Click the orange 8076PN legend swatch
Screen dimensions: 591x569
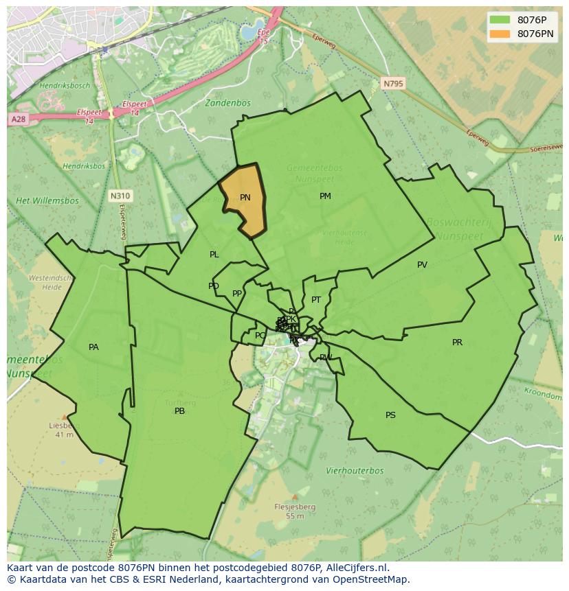coord(500,34)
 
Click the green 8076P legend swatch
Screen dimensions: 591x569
coord(500,20)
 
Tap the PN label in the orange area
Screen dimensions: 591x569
coord(245,198)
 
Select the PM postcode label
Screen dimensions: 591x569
coord(325,196)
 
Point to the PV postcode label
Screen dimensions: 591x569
coord(422,265)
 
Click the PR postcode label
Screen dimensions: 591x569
coord(457,343)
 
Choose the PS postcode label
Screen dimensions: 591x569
coord(390,415)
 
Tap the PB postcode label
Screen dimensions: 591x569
coord(179,411)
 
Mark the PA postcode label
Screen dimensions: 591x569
coord(93,347)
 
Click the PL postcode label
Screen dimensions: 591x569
coord(214,255)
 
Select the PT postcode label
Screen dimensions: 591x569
coord(316,300)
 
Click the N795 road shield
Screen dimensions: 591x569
coord(394,83)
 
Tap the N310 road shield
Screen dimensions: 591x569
coord(120,196)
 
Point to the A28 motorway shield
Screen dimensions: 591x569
coord(18,119)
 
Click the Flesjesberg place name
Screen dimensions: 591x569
coord(295,507)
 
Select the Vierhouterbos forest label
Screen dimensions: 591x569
coord(355,471)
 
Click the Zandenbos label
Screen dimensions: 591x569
coord(227,103)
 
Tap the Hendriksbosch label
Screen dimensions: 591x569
coord(65,86)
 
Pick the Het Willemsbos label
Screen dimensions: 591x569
coord(47,201)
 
